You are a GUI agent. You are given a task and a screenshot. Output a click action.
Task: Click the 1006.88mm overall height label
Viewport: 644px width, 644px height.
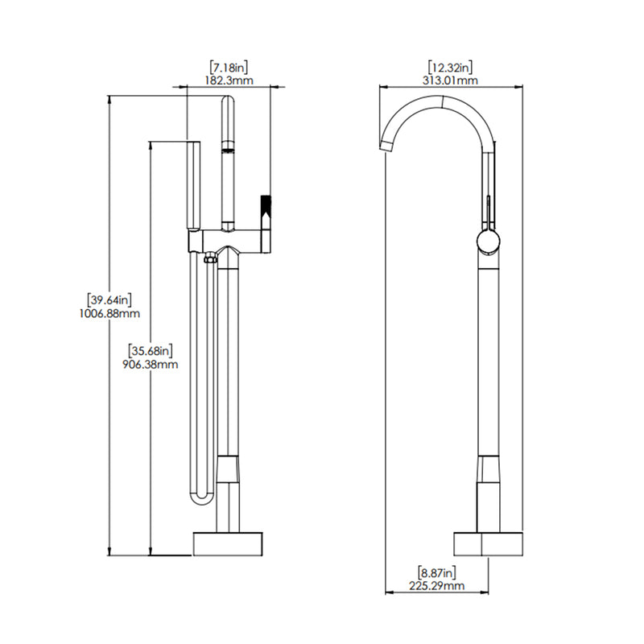111,314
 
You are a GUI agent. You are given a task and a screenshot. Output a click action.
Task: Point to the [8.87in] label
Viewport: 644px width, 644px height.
437,572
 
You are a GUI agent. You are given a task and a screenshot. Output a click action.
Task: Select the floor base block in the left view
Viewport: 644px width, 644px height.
229,543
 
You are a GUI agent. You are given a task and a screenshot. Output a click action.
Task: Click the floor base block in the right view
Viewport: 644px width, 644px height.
489,543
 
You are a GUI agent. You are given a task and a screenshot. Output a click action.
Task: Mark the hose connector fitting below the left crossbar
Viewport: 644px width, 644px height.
211,258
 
